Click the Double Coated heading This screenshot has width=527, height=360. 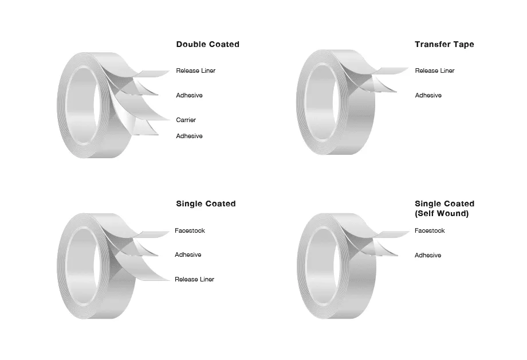point(208,44)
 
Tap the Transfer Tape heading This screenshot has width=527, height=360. point(445,44)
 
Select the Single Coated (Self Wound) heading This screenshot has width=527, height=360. point(445,209)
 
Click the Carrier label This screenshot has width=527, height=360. point(186,120)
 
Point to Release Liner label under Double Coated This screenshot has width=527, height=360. point(195,71)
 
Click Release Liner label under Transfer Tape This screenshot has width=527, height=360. point(435,71)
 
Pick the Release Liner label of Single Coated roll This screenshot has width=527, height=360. point(194,279)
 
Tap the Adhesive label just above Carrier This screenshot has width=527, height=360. point(189,95)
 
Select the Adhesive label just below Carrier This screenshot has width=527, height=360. point(189,136)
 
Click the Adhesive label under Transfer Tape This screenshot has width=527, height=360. point(428,95)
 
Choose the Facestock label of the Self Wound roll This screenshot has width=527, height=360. point(430,230)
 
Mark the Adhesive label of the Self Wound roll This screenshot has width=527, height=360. point(428,255)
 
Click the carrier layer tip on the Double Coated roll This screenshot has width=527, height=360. point(170,119)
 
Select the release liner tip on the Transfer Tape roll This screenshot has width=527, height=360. point(408,69)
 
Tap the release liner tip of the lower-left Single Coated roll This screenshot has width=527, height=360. point(169,280)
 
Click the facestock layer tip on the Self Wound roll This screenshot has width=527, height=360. point(409,232)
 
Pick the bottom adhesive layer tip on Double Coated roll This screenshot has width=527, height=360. point(158,135)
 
